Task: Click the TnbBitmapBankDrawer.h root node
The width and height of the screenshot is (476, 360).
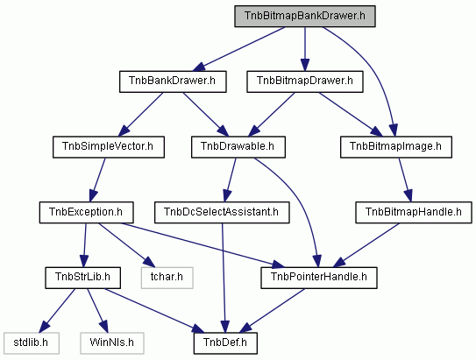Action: pyautogui.click(x=305, y=16)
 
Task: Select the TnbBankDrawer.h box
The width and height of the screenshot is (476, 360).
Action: pyautogui.click(x=173, y=81)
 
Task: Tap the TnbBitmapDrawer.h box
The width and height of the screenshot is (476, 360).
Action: pyautogui.click(x=305, y=81)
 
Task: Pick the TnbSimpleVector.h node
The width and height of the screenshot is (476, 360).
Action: pyautogui.click(x=109, y=147)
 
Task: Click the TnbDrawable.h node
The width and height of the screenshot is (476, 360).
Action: pyautogui.click(x=238, y=147)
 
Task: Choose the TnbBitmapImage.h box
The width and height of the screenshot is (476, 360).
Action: pyautogui.click(x=396, y=147)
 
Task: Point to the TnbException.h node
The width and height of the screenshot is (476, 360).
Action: pyautogui.click(x=86, y=213)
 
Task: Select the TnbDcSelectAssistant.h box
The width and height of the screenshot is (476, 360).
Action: pyautogui.click(x=222, y=213)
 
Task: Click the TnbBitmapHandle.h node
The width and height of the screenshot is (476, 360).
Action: pyautogui.click(x=414, y=213)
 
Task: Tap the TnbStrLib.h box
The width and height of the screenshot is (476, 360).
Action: pyautogui.click(x=83, y=278)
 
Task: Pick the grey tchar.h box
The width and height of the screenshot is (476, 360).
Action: pyautogui.click(x=167, y=278)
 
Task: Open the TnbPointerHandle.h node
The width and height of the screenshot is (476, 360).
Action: pyautogui.click(x=319, y=278)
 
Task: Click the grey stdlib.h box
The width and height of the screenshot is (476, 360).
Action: pyautogui.click(x=32, y=343)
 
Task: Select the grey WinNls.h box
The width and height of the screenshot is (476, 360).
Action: pyautogui.click(x=112, y=343)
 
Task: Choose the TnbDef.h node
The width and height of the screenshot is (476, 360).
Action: pyautogui.click(x=225, y=343)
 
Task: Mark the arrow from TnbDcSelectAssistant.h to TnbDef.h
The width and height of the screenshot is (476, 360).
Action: pyautogui.click(x=224, y=279)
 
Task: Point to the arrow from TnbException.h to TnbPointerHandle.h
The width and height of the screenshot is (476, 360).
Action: pyautogui.click(x=202, y=245)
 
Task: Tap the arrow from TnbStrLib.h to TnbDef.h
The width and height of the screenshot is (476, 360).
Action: pyautogui.click(x=155, y=311)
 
